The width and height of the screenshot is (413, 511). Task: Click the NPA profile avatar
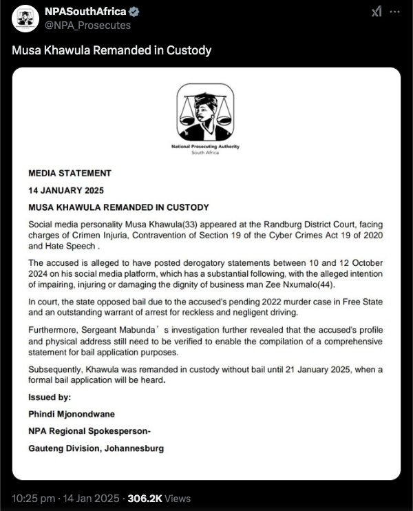pyautogui.click(x=26, y=19)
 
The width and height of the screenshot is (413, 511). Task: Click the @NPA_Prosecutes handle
pyautogui.click(x=87, y=25)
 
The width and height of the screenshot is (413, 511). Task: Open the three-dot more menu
pyautogui.click(x=394, y=12)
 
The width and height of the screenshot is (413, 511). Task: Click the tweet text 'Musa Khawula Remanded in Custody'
pyautogui.click(x=112, y=50)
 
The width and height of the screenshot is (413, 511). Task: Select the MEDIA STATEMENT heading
pyautogui.click(x=70, y=173)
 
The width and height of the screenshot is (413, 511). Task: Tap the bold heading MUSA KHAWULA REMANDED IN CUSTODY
pyautogui.click(x=118, y=207)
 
